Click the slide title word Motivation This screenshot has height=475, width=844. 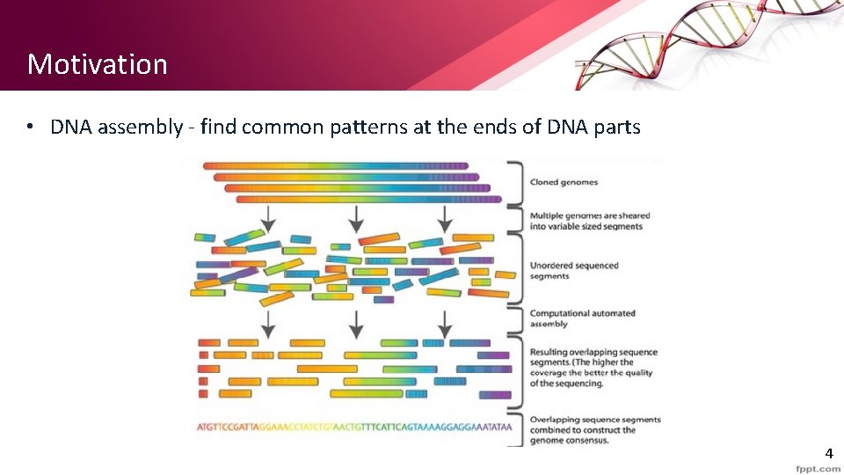click(x=97, y=64)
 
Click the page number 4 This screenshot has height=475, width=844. click(x=828, y=454)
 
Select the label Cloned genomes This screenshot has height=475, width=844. click(x=564, y=182)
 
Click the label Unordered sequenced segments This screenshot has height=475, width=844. click(x=574, y=270)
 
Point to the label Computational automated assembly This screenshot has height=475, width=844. click(x=582, y=318)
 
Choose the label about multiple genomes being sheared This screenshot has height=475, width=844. click(x=589, y=221)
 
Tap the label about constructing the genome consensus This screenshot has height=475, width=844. click(x=594, y=430)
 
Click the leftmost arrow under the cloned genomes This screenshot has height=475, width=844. click(x=268, y=216)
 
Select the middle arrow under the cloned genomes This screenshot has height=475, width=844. click(x=355, y=216)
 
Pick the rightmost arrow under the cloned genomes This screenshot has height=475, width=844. click(x=445, y=216)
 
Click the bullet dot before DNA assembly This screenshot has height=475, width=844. click(x=30, y=127)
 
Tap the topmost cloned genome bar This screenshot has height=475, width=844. click(x=334, y=164)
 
